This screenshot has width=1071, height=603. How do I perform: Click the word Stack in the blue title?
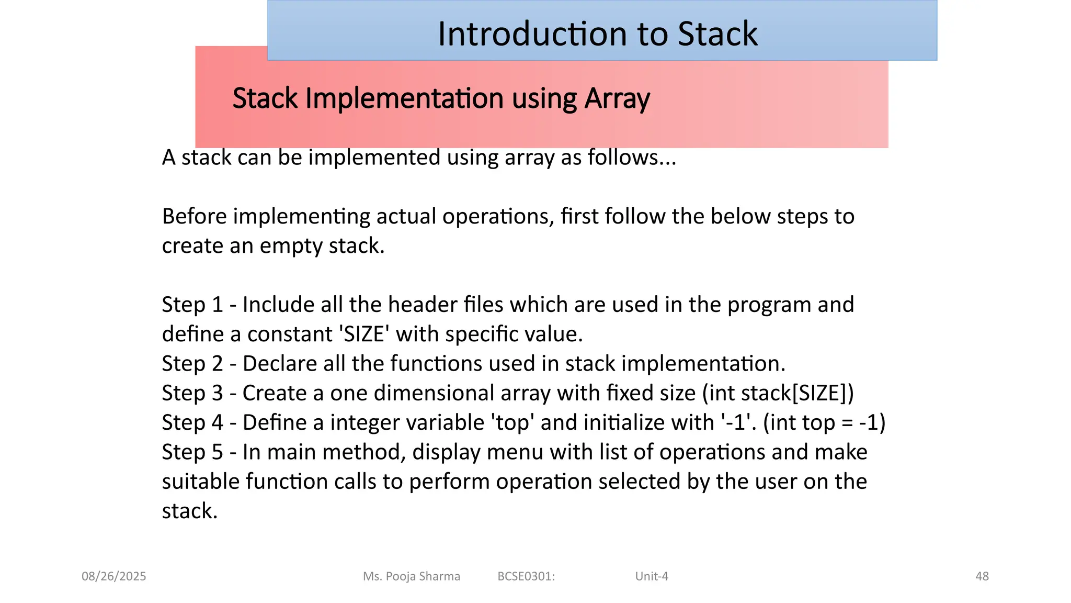pos(717,34)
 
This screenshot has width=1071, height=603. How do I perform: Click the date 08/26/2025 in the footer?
pos(113,576)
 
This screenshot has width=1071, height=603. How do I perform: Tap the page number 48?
pos(982,576)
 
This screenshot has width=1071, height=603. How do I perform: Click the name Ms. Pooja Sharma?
pos(412,576)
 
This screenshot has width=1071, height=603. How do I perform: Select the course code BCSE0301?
pos(526,576)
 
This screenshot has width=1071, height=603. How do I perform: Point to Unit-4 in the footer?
pos(652,576)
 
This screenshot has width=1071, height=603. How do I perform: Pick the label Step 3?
pos(192,393)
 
